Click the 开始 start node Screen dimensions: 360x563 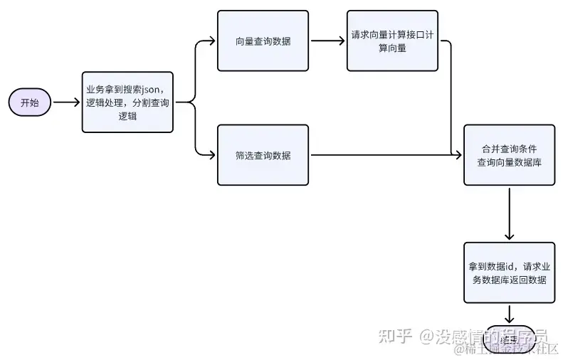tap(29, 102)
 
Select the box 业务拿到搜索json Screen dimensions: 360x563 tap(127, 102)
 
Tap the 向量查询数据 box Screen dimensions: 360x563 tap(263, 41)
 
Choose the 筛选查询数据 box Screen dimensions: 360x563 tap(263, 155)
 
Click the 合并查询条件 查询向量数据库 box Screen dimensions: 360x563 tap(509, 155)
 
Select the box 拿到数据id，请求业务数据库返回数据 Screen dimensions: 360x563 tap(509, 272)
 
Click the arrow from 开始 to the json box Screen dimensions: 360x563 tap(66, 102)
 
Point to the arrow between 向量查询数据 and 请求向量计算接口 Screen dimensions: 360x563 tap(327, 41)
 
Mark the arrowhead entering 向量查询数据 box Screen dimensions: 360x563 tap(212, 41)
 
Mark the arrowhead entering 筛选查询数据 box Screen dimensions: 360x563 tap(212, 155)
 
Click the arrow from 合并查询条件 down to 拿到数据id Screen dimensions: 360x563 tap(509, 213)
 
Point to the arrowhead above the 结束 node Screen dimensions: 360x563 tap(509, 320)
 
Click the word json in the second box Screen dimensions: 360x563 tap(154, 90)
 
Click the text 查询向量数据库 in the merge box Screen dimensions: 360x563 tap(509, 162)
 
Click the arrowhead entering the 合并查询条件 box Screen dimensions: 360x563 tap(459, 155)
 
